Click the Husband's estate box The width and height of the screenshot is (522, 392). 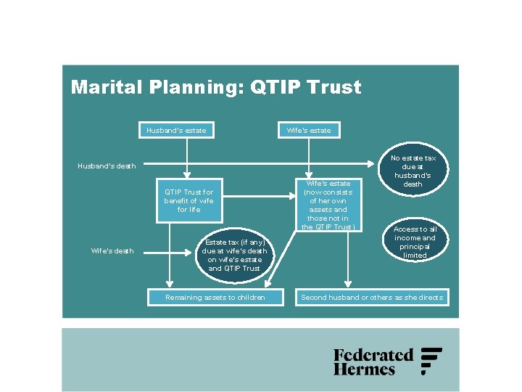pos(176,131)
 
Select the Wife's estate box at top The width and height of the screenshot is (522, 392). pos(309,131)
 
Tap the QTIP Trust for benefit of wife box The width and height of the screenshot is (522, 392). pos(188,201)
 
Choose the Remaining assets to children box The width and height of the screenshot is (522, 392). pos(215,298)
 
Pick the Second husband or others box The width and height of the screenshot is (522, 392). pos(372,298)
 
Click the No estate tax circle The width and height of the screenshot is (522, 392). pos(413,171)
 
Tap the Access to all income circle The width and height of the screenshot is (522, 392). pos(415,242)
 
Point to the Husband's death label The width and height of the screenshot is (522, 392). pos(107,166)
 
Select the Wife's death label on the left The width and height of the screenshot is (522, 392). pos(112,251)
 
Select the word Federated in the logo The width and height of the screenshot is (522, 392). pos(373,355)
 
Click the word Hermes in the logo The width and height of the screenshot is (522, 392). pos(364,369)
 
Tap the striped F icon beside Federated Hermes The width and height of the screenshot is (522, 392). pos(431,361)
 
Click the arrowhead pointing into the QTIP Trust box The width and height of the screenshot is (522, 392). pos(187,174)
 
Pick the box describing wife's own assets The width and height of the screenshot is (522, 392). pos(328,205)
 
